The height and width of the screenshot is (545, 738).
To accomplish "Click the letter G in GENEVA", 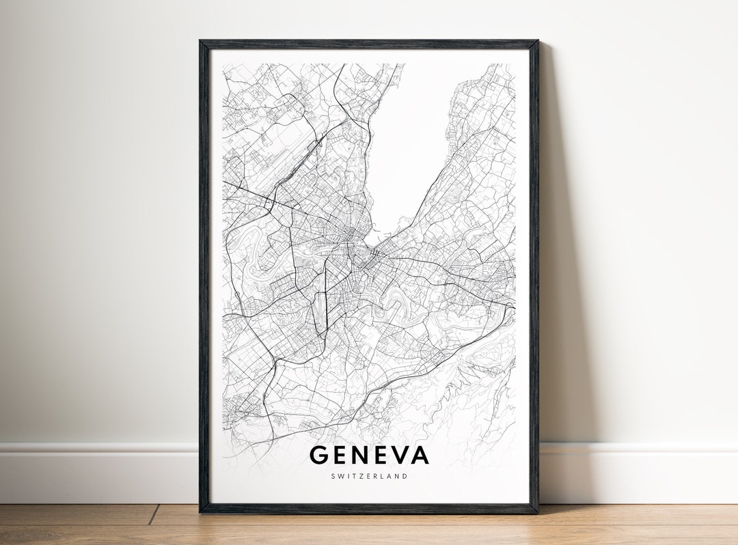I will (x=319, y=454).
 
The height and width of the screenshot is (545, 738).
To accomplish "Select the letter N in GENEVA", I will (x=357, y=454).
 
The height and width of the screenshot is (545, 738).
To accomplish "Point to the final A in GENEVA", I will (x=418, y=454).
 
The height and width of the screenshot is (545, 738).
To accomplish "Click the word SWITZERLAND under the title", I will (x=369, y=476).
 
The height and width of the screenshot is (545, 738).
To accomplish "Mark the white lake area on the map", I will (x=410, y=143).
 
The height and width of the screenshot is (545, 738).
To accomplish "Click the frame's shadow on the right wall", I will (x=557, y=273).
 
